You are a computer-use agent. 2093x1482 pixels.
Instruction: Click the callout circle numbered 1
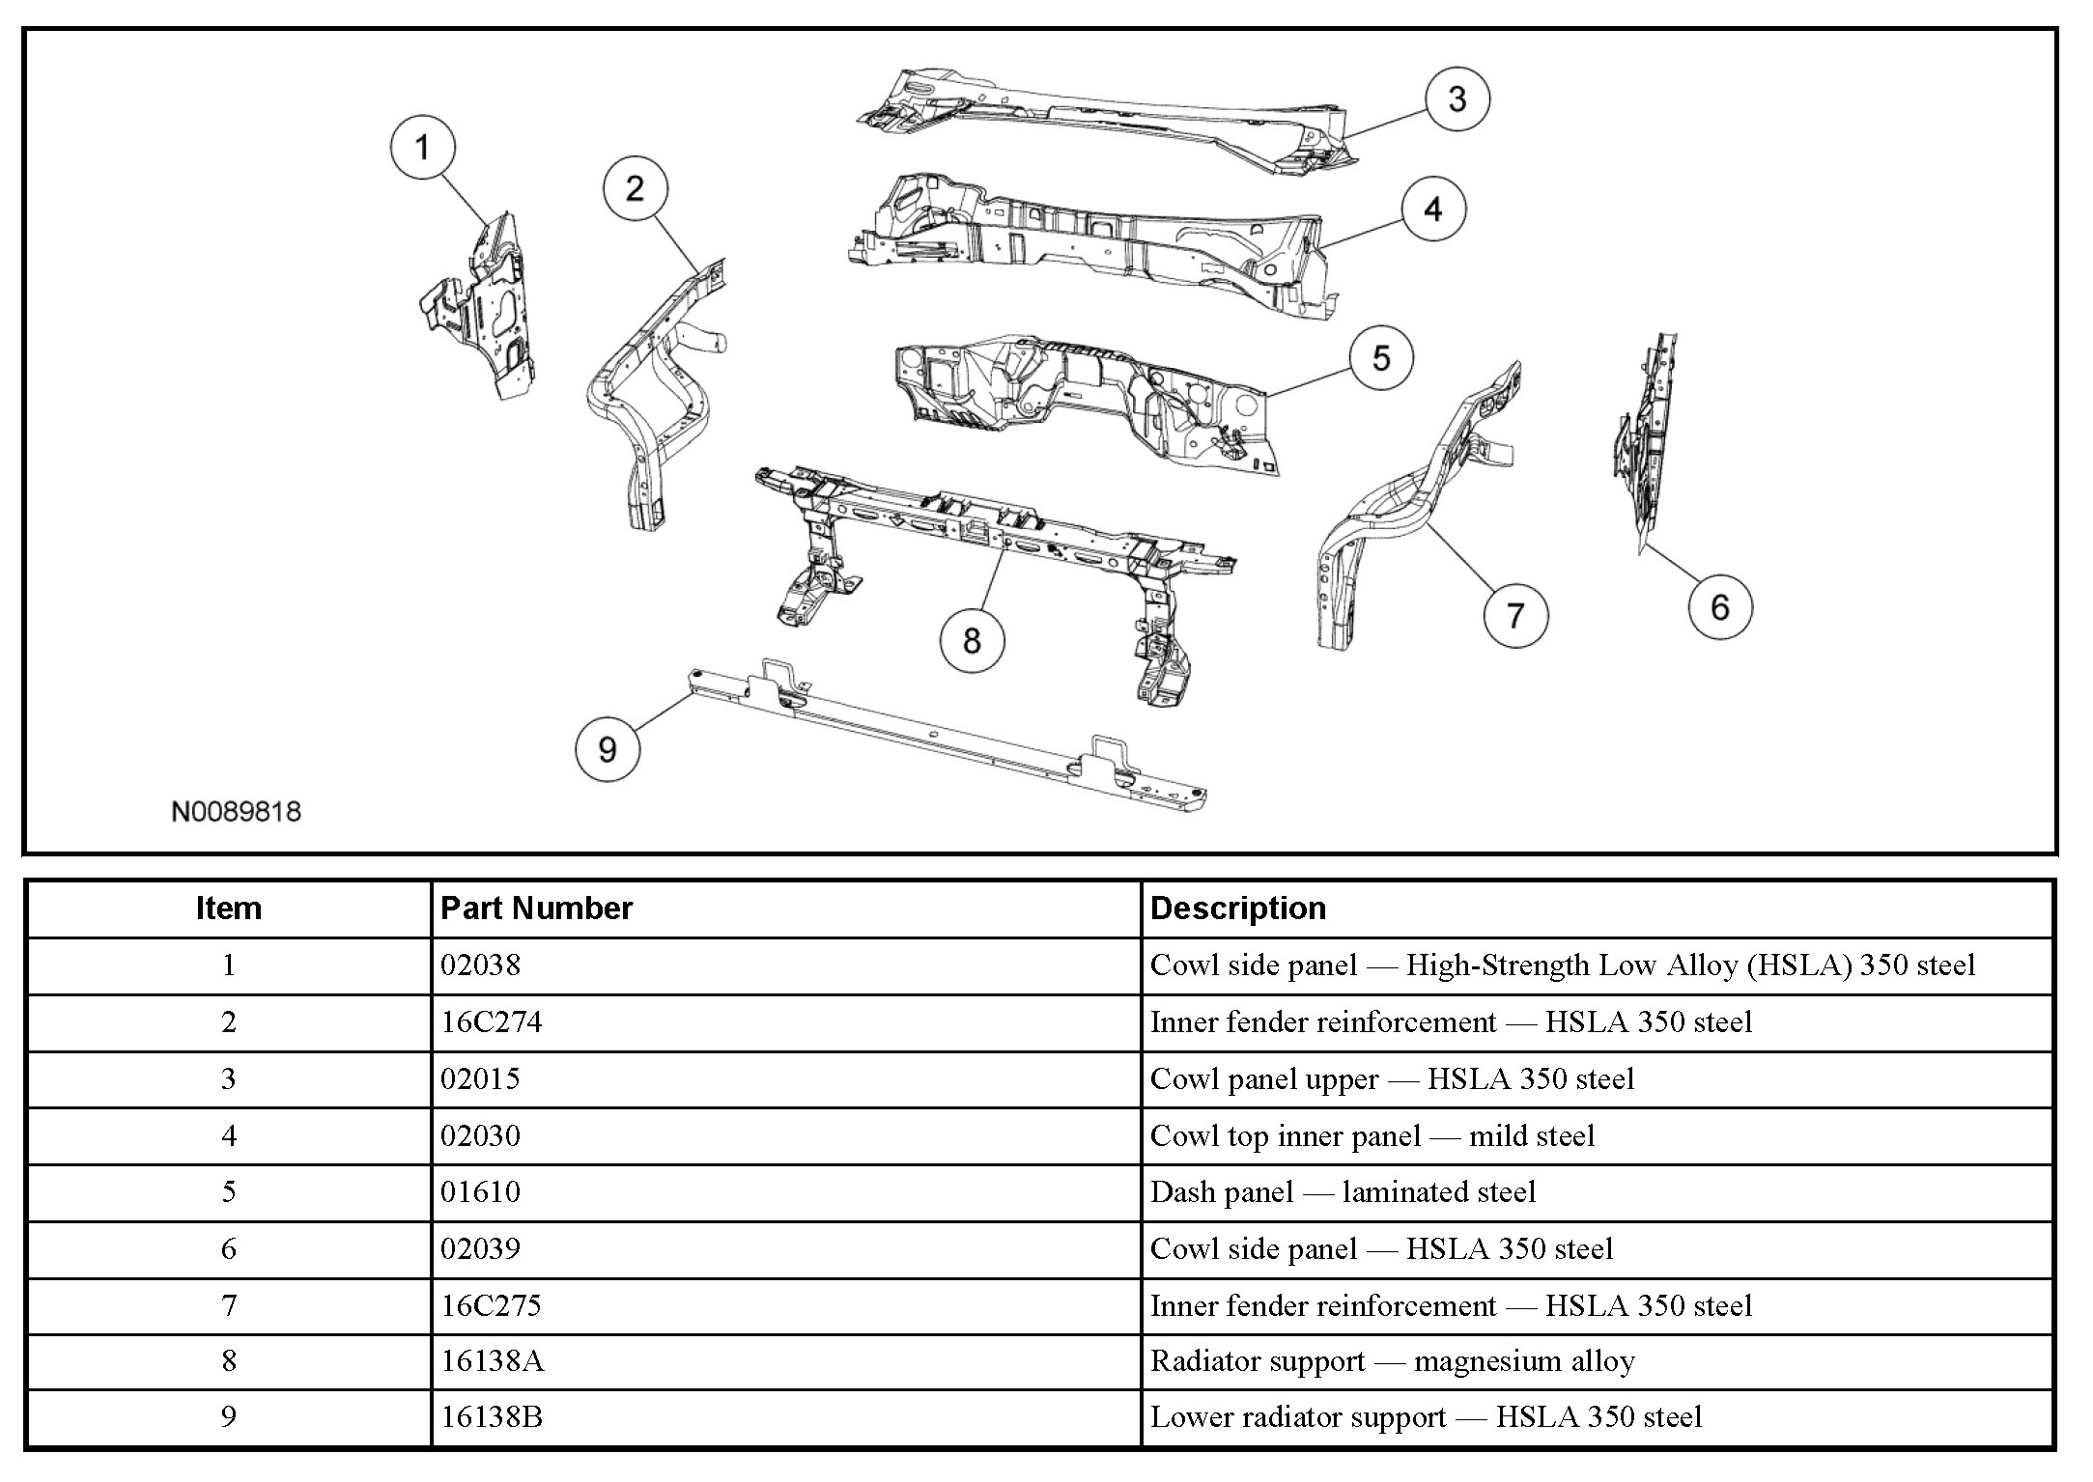(x=422, y=149)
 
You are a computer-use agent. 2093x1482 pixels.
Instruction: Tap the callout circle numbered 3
(x=1457, y=98)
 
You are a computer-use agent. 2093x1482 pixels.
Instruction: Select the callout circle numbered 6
(x=1720, y=607)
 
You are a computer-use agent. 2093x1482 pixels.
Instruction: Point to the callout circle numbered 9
(x=608, y=749)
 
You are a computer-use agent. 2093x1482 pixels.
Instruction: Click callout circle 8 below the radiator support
(x=972, y=640)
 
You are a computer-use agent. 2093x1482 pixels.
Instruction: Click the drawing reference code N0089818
(x=236, y=812)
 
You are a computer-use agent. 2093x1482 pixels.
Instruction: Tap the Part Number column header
(x=536, y=909)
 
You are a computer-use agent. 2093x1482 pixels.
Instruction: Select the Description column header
(x=1238, y=909)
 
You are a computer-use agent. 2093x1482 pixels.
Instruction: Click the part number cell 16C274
(x=492, y=1021)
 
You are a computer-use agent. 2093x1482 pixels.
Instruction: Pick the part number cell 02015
(x=480, y=1078)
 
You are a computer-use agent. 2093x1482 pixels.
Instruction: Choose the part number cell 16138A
(x=493, y=1361)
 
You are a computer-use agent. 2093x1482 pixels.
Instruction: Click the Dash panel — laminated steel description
(x=1343, y=1192)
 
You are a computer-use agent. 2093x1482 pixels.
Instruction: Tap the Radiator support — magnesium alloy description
(x=1392, y=1361)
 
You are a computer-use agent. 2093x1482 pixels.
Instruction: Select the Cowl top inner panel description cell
(x=1372, y=1136)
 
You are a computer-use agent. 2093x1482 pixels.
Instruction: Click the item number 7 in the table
(x=229, y=1305)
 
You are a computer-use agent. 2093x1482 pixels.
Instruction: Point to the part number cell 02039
(x=480, y=1249)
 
